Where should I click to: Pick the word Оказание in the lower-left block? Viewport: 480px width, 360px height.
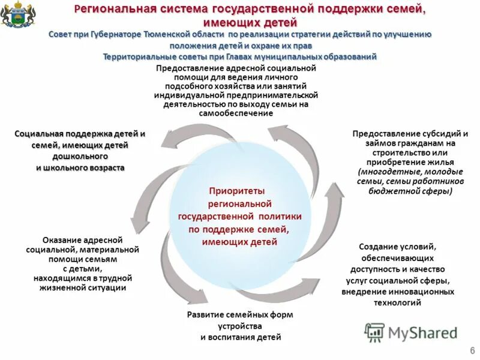61,239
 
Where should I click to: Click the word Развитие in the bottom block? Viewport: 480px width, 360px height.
203,314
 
